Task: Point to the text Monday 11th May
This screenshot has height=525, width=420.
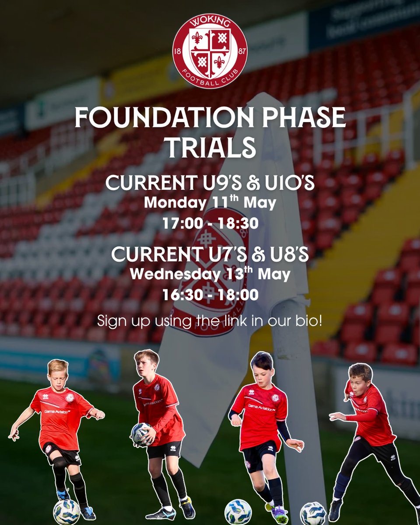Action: point(210,203)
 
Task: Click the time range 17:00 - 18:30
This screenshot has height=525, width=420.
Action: point(210,223)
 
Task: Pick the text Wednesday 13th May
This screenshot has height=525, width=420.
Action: point(210,274)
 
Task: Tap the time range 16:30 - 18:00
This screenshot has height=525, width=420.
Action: point(210,294)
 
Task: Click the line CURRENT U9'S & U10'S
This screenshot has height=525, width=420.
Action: point(210,183)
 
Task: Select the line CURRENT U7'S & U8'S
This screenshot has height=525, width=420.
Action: point(210,255)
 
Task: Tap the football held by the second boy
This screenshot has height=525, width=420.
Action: point(141,434)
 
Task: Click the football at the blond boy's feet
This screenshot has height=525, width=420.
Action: point(66,511)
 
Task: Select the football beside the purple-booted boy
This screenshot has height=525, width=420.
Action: point(238,511)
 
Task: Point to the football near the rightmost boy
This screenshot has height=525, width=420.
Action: point(313,513)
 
